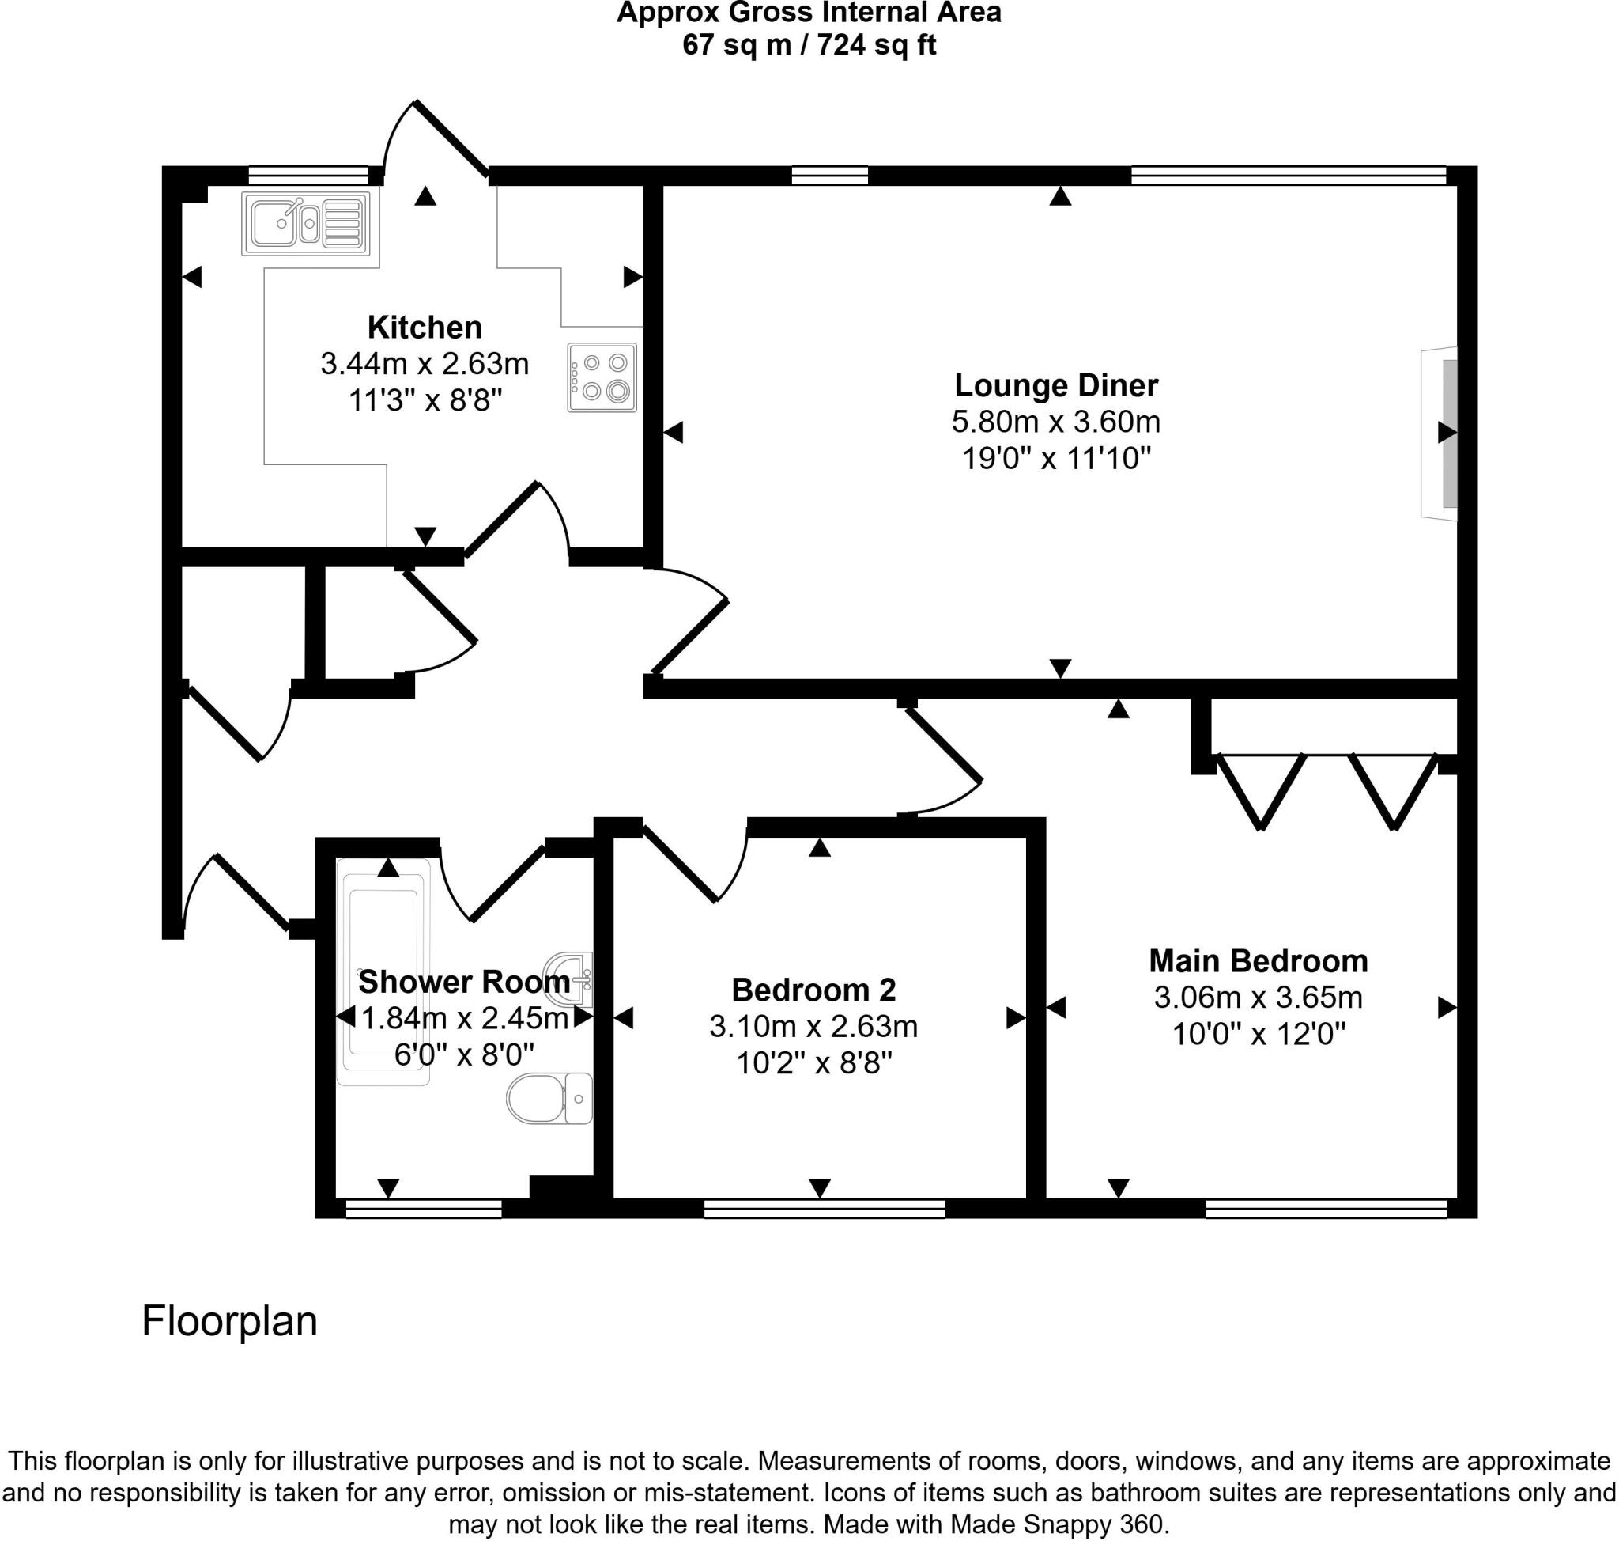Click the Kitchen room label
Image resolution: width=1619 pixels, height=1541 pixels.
[x=425, y=328]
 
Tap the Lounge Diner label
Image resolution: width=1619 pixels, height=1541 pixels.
[x=1056, y=385]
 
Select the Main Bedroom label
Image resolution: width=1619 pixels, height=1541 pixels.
[x=1258, y=960]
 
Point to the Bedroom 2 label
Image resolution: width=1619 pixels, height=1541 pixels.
[x=813, y=990]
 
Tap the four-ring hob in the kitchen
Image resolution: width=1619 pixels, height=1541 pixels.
[x=602, y=377]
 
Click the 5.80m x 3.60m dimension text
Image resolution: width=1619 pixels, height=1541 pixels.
[x=1056, y=422]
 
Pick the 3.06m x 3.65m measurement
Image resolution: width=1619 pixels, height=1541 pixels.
[x=1258, y=998]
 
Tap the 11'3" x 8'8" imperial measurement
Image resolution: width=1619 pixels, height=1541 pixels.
[x=425, y=401]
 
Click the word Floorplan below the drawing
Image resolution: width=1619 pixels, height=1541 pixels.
[x=229, y=1322]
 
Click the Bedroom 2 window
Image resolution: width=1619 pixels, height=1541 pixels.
[x=825, y=1208]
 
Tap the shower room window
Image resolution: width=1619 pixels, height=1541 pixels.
[x=423, y=1208]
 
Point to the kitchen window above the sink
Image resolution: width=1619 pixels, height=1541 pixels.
[x=308, y=174]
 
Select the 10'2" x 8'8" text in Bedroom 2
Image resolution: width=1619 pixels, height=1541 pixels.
[x=813, y=1064]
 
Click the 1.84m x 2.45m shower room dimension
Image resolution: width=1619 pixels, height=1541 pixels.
[x=465, y=1019]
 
